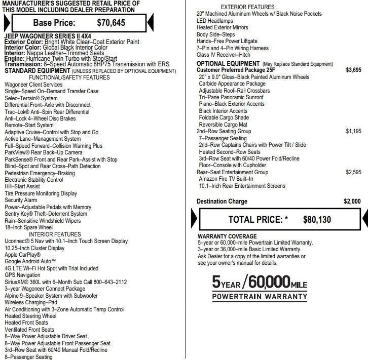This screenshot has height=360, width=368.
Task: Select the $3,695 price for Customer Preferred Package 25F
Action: (353, 70)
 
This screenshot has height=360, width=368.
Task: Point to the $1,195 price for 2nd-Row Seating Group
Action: (353, 131)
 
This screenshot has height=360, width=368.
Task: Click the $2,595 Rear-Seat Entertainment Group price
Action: (353, 172)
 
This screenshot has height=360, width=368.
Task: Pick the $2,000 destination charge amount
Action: (352, 202)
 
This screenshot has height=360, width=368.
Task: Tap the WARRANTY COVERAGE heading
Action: (227, 236)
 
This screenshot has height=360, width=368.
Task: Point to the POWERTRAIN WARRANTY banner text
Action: (259, 297)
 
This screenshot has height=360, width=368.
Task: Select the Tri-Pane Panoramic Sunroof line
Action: (231, 97)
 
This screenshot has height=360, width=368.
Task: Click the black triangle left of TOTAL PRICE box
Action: (194, 219)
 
